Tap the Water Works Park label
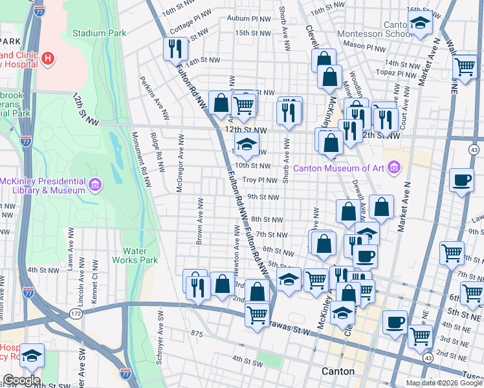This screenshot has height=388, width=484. click(140, 255)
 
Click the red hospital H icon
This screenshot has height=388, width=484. click(47, 59)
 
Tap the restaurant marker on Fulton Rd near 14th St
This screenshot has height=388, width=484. click(176, 48)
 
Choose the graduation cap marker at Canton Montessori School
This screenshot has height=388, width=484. click(420, 23)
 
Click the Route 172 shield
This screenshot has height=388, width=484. click(76, 313)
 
